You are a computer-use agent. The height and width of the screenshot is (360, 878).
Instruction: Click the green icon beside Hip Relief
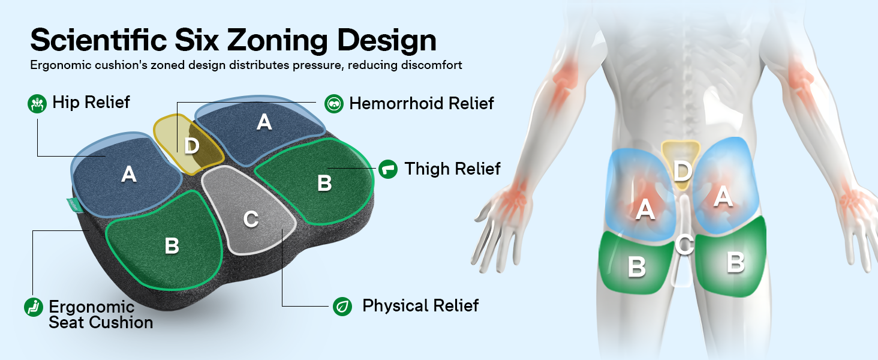point(37,104)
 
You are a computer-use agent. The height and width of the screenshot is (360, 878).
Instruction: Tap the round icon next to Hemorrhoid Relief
point(334,104)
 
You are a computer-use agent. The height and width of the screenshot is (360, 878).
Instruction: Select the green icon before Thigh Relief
point(388,169)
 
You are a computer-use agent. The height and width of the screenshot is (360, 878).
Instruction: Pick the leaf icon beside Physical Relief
point(342,306)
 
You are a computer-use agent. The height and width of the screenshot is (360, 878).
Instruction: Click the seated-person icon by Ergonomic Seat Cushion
point(34,307)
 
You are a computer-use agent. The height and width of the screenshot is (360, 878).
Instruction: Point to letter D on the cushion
point(192,146)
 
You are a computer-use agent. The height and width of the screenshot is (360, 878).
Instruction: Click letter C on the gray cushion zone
point(251,219)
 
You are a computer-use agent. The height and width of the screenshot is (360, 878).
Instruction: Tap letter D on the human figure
point(682,172)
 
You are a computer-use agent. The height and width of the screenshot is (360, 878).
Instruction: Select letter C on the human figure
point(684,245)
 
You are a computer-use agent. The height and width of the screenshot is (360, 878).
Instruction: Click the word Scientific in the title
point(98,40)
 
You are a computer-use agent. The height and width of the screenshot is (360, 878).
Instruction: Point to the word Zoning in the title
point(277,41)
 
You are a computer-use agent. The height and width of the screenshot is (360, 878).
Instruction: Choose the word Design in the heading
point(386,41)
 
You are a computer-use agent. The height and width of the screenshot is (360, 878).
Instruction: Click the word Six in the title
point(196,40)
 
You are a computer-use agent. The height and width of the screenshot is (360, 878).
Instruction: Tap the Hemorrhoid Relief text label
point(422,104)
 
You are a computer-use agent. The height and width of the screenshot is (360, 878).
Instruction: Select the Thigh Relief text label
point(452,169)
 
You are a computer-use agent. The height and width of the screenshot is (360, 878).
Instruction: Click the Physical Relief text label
point(420,305)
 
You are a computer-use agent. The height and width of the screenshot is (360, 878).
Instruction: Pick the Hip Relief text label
point(91,103)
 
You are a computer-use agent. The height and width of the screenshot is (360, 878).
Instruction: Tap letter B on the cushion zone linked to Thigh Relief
point(324,183)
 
